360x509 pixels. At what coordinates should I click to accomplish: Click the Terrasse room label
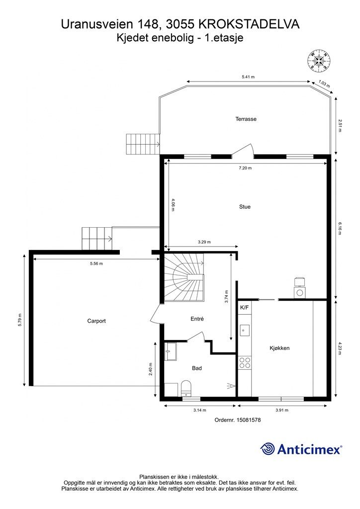click(x=246, y=119)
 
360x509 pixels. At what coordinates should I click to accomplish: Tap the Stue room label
click(x=245, y=207)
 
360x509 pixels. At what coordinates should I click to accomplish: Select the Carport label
click(x=96, y=321)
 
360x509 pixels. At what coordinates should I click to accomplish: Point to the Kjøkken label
click(x=279, y=348)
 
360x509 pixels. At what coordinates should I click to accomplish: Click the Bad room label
click(x=197, y=368)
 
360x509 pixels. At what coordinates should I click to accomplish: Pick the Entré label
click(x=197, y=319)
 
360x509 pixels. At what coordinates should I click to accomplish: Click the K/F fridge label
click(x=245, y=307)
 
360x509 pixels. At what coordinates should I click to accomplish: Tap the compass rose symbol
click(x=319, y=61)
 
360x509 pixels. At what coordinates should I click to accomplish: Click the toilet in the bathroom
click(x=186, y=388)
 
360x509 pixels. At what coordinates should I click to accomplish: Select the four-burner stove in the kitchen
click(x=245, y=362)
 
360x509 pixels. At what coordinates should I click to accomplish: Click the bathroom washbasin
click(x=171, y=351)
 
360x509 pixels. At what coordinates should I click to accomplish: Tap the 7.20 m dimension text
click(x=245, y=168)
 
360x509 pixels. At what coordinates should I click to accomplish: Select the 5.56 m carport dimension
click(x=96, y=263)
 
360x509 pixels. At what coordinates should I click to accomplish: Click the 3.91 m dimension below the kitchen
click(x=282, y=410)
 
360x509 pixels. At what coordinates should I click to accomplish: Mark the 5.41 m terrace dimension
click(x=248, y=77)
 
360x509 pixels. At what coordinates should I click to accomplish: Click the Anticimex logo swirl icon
click(x=268, y=449)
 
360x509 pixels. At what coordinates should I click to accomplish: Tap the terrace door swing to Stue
click(x=244, y=150)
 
